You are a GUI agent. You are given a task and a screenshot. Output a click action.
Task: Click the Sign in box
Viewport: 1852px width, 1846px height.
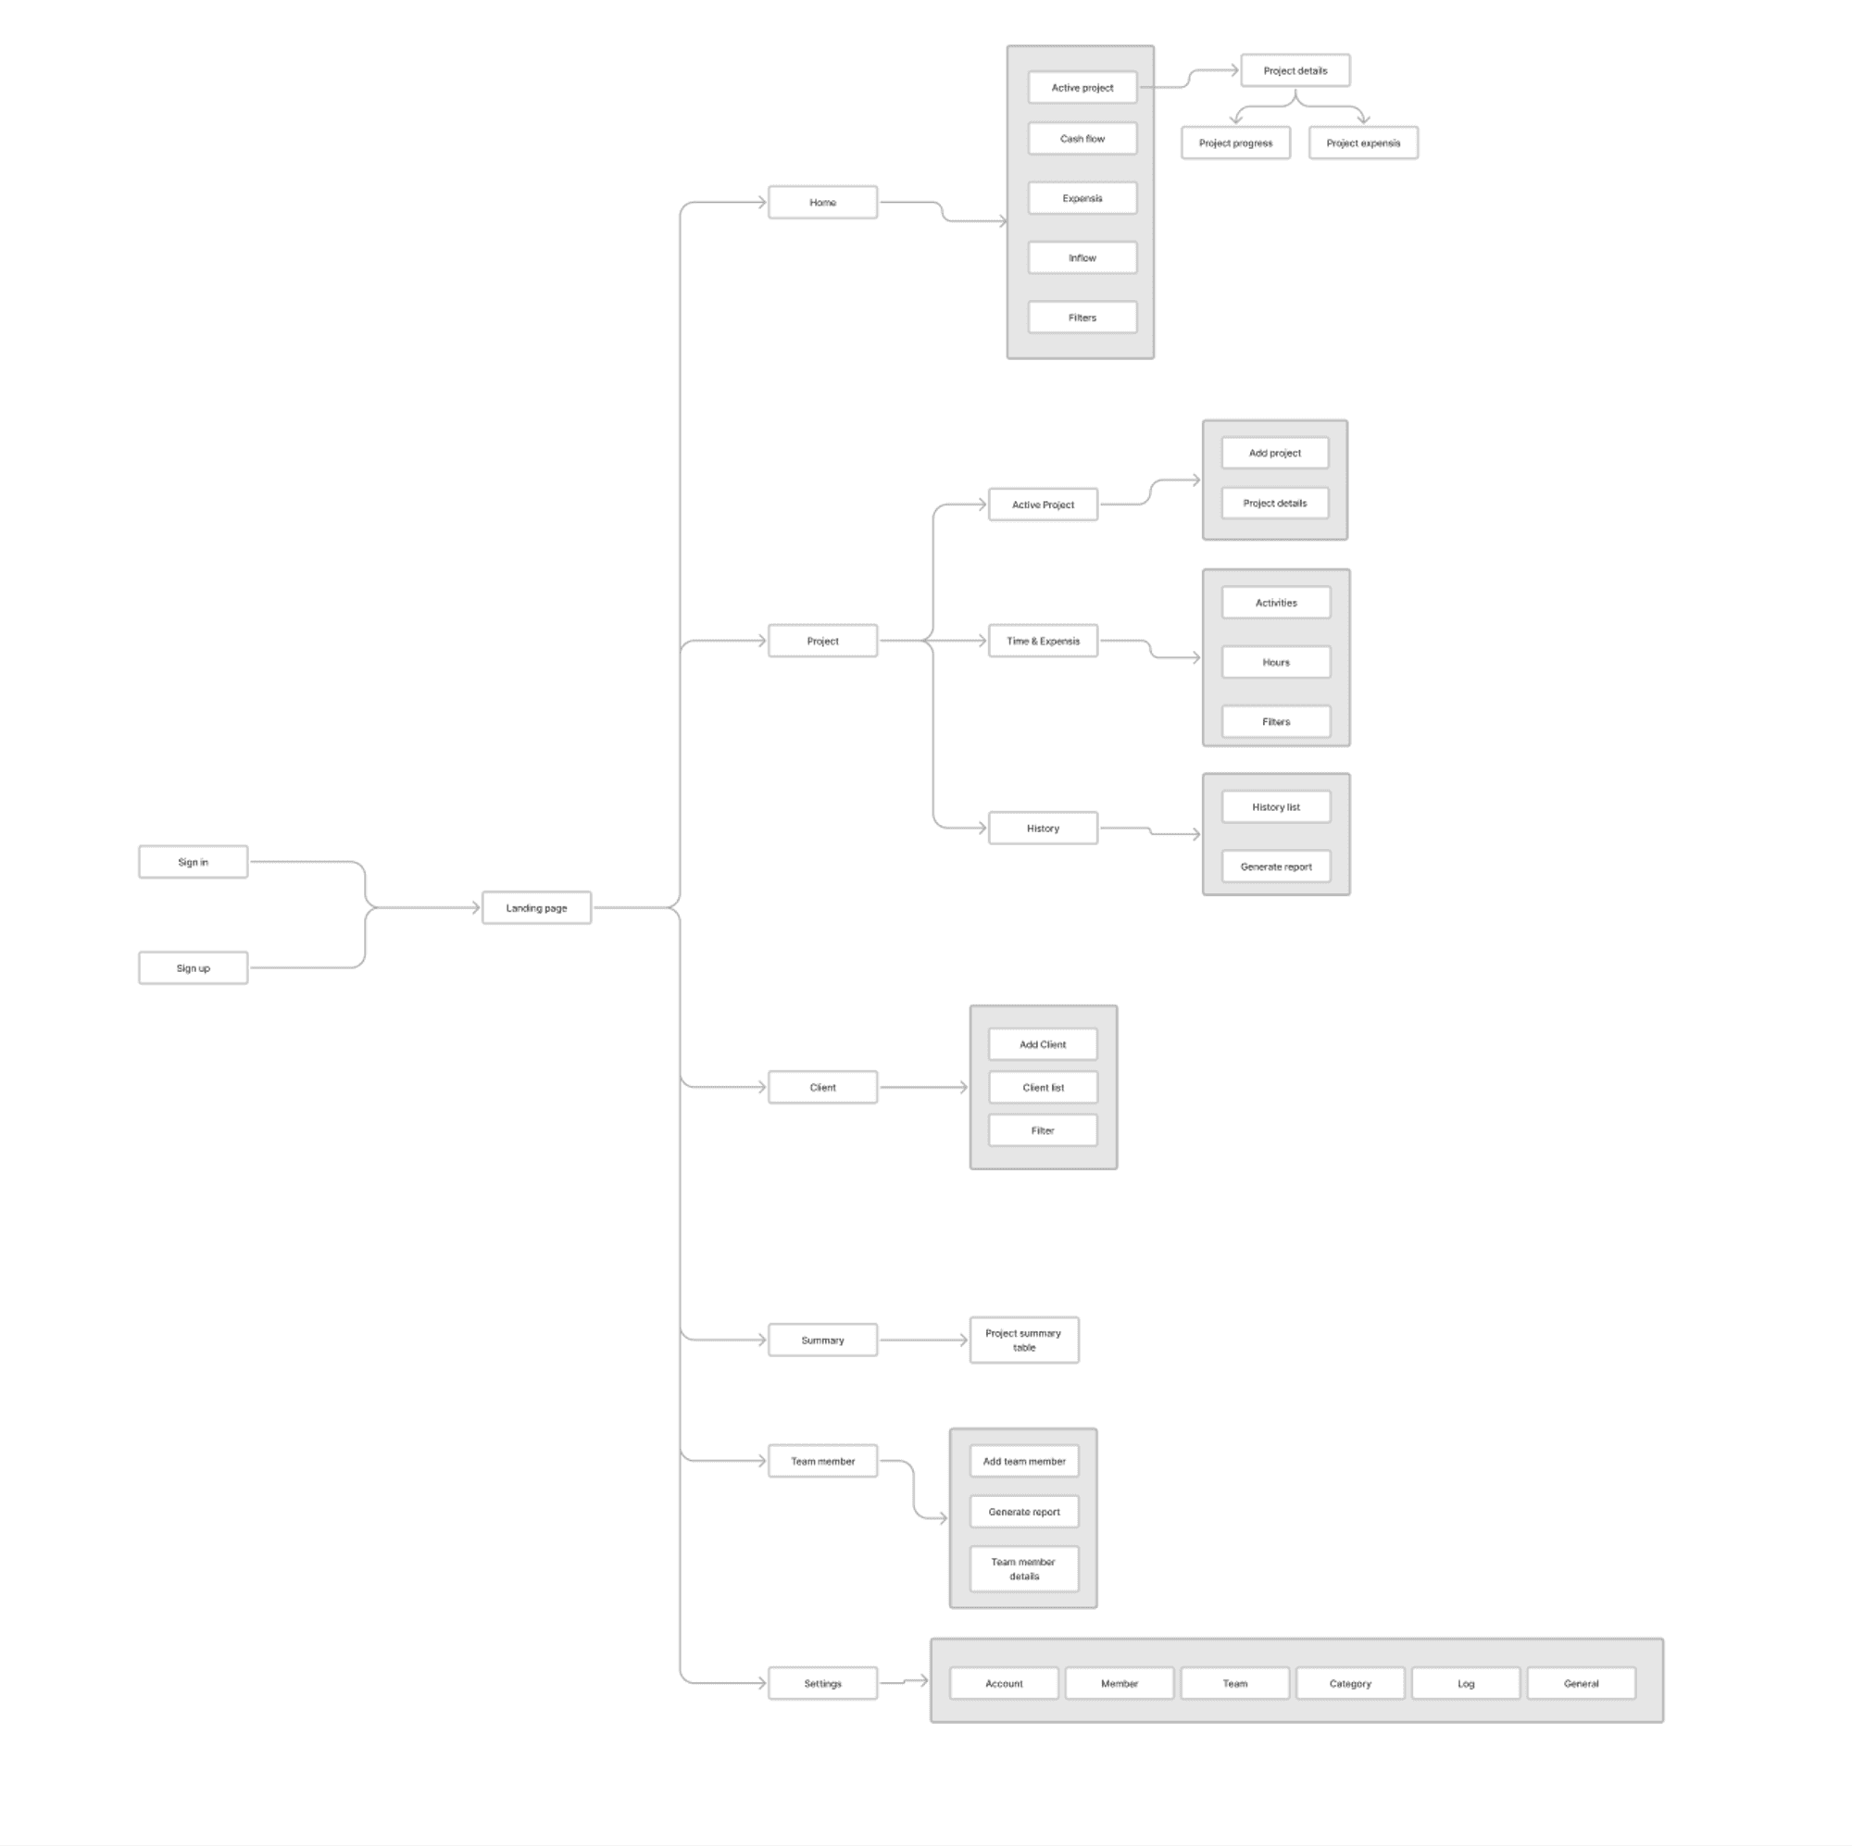pyautogui.click(x=193, y=862)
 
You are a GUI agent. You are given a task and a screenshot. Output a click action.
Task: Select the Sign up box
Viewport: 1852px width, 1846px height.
pyautogui.click(x=193, y=968)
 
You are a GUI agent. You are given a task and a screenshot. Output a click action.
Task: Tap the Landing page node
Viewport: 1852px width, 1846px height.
pyautogui.click(x=536, y=907)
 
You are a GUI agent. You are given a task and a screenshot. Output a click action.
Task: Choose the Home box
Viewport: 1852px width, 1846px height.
pyautogui.click(x=822, y=202)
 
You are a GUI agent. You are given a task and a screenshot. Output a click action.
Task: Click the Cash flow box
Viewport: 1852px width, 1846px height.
pyautogui.click(x=1082, y=139)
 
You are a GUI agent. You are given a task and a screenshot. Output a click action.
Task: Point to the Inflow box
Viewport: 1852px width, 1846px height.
pyautogui.click(x=1082, y=257)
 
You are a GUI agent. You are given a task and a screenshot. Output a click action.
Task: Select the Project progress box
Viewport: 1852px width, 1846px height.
pyautogui.click(x=1235, y=143)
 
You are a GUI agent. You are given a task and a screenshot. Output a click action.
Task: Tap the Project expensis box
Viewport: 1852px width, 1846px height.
pyautogui.click(x=1363, y=143)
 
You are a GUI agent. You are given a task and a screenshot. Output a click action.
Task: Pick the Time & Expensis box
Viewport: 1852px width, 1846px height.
pyautogui.click(x=1043, y=642)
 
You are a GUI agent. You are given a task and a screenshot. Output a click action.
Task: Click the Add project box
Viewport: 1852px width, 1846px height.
pyautogui.click(x=1275, y=453)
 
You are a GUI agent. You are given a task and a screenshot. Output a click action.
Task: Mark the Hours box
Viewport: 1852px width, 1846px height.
pyautogui.click(x=1276, y=662)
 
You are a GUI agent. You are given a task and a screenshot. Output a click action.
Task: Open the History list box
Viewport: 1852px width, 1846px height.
pyautogui.click(x=1276, y=807)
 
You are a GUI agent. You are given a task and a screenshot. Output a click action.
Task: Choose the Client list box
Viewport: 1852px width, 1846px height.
pyautogui.click(x=1043, y=1088)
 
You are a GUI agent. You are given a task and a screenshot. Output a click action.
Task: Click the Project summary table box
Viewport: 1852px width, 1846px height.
pyautogui.click(x=1024, y=1340)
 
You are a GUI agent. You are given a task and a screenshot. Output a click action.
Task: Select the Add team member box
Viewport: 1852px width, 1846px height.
pyautogui.click(x=1024, y=1462)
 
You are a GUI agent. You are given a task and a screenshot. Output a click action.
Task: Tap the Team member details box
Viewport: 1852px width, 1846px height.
pyautogui.click(x=1024, y=1569)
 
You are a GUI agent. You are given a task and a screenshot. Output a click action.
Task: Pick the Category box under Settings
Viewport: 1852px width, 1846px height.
pyautogui.click(x=1350, y=1684)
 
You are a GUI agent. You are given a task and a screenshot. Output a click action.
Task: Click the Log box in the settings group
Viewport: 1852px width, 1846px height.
pyautogui.click(x=1466, y=1684)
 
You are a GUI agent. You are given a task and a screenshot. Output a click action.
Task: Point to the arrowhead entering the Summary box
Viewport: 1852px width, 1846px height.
pyautogui.click(x=762, y=1340)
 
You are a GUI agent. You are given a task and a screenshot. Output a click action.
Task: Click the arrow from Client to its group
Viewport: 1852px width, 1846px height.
pyautogui.click(x=922, y=1088)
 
